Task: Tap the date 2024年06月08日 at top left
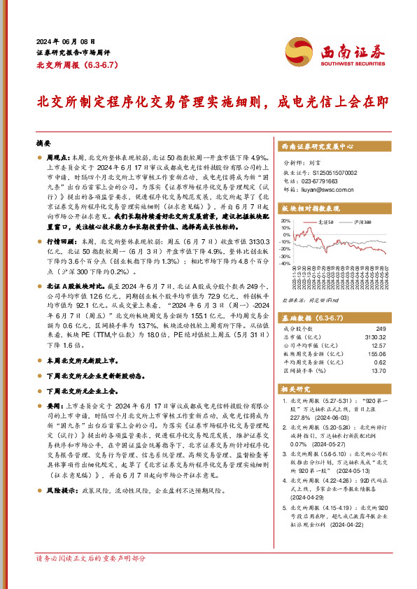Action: pyautogui.click(x=66, y=42)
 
